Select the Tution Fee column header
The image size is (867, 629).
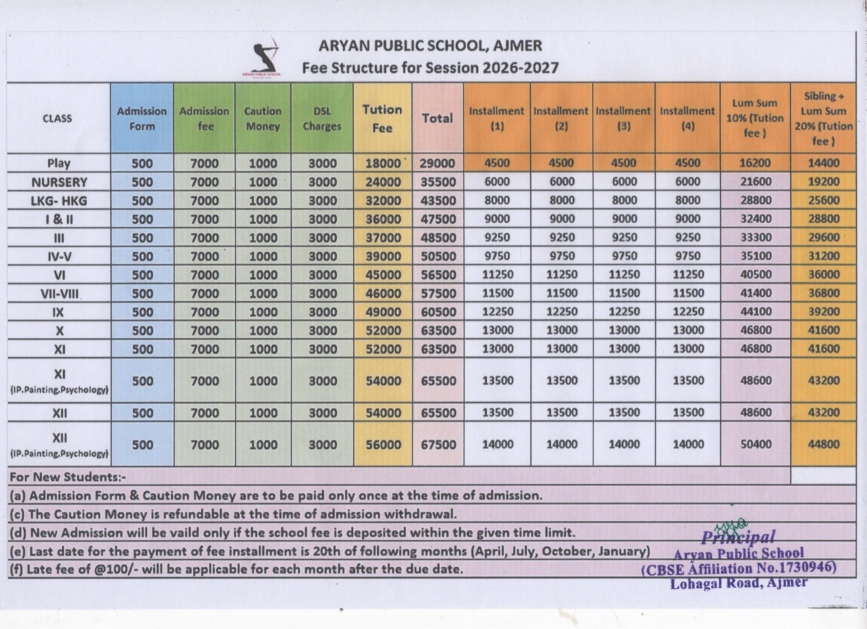click(383, 118)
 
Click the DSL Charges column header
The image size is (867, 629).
click(322, 118)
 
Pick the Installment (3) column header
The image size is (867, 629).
click(623, 118)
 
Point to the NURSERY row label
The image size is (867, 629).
click(59, 182)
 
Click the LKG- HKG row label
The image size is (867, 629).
click(59, 201)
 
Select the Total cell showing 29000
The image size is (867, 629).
click(438, 163)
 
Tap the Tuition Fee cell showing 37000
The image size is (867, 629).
click(383, 238)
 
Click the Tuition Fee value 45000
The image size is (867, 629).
click(383, 275)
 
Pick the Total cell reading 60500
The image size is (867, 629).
click(439, 312)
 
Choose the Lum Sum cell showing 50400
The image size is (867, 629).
click(756, 444)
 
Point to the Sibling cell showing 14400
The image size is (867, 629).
click(824, 163)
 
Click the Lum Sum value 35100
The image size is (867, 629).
click(756, 256)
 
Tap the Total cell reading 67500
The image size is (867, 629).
click(439, 445)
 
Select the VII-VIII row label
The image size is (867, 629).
click(59, 293)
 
